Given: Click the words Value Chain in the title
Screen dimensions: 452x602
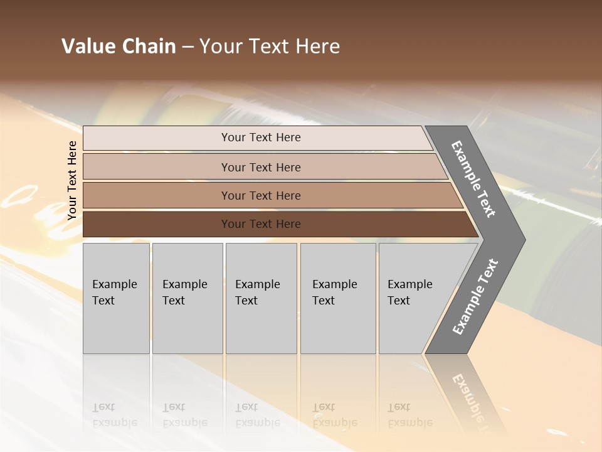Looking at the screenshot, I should click(x=119, y=46).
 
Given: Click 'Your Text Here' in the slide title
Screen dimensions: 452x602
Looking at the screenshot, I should click(x=270, y=46).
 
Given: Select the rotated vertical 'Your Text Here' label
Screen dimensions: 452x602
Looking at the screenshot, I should click(x=72, y=180).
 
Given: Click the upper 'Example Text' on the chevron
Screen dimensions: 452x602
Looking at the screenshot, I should click(x=473, y=179).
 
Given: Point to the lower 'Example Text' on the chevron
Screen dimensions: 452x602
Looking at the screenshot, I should click(x=475, y=297).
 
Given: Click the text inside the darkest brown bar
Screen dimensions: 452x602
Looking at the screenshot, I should click(x=261, y=224).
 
